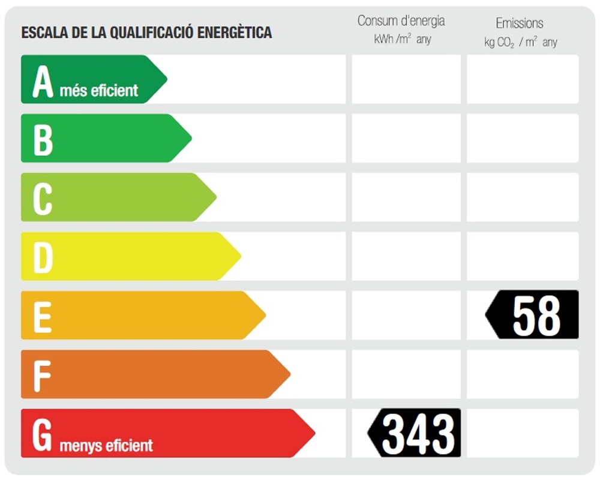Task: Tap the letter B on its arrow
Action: pos(43,139)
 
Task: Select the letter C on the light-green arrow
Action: pos(43,198)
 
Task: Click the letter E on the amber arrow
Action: pos(42,316)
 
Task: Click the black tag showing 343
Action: pos(415,433)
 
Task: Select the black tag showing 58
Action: pos(533,315)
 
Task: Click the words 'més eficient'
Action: pos(99,91)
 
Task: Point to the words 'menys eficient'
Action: pos(106,446)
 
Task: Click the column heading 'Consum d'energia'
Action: pos(401,21)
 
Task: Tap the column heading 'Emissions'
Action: pos(520,23)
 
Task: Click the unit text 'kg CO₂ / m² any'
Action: pos(520,43)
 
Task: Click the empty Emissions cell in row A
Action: pos(523,79)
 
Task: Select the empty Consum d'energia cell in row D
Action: pos(406,256)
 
